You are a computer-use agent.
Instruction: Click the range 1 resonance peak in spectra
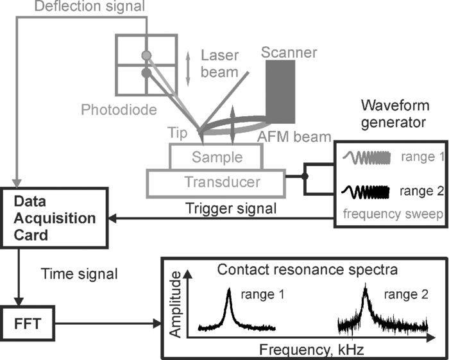pos(229,300)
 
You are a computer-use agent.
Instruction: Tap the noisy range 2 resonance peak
pos(364,297)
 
